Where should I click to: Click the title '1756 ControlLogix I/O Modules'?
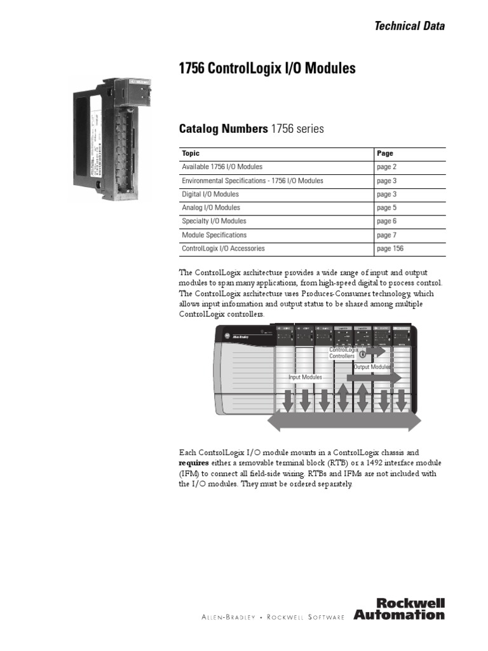click(x=268, y=69)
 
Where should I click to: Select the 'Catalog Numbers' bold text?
click(x=224, y=129)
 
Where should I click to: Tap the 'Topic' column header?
click(x=191, y=153)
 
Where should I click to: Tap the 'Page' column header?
click(x=384, y=153)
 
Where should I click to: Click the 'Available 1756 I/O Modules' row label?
click(x=222, y=167)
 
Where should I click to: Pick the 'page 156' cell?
click(x=390, y=249)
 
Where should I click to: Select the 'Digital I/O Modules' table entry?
click(x=210, y=194)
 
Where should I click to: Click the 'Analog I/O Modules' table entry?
click(x=211, y=208)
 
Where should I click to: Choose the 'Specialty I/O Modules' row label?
click(x=214, y=221)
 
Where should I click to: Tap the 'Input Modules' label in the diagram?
click(x=305, y=377)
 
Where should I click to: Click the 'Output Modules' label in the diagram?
click(x=372, y=367)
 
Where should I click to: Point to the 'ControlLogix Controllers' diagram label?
click(x=344, y=353)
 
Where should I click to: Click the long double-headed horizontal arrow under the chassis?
click(x=344, y=421)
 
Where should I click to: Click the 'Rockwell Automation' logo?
click(x=400, y=608)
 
